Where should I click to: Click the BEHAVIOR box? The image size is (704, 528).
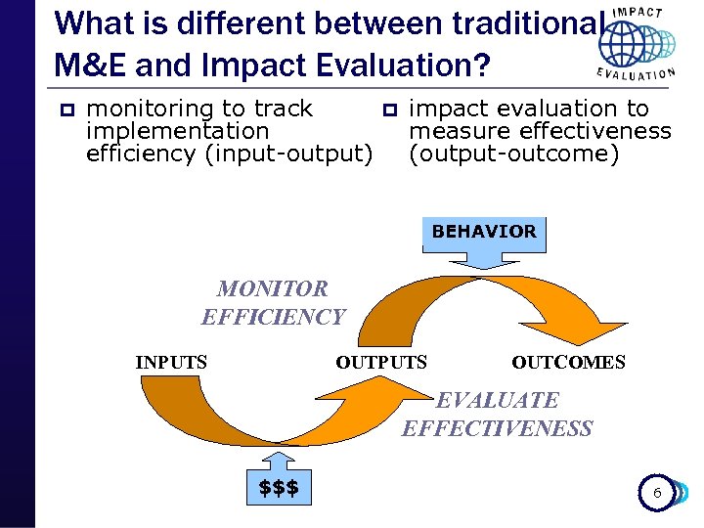(484, 233)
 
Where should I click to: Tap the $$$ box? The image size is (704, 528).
(279, 487)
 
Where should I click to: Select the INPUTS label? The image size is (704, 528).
(171, 363)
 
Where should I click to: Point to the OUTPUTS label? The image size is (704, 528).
(381, 363)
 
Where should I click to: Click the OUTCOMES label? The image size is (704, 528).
(568, 363)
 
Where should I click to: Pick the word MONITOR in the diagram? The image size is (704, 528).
(273, 289)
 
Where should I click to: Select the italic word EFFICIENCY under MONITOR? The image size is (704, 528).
(273, 317)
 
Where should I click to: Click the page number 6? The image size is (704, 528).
(657, 493)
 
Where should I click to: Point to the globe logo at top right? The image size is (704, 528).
(636, 44)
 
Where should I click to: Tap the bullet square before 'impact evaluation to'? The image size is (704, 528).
(388, 110)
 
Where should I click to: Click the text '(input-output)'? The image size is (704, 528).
(288, 154)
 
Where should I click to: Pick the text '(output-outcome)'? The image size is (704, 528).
(513, 154)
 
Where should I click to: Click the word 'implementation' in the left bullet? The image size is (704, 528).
(178, 131)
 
